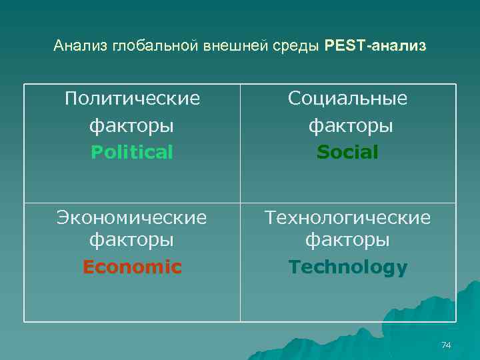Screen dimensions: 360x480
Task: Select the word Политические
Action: coord(132,99)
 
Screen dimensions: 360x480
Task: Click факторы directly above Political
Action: coord(132,125)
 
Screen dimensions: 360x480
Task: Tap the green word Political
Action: coord(132,153)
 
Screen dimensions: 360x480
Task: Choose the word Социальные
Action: coord(347,99)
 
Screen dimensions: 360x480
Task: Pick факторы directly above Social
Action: coord(347,125)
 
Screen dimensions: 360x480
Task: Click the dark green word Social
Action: coord(347,153)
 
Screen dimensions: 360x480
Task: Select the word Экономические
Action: coord(132,217)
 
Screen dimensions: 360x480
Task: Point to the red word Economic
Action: coord(132,267)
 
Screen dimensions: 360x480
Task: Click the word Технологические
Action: coord(347,217)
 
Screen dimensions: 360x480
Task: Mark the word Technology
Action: coord(347,267)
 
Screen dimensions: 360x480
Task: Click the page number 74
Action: coord(446,345)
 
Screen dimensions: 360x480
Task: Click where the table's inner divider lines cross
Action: coord(240,203)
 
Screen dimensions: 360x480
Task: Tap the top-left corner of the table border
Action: coord(25,84)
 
